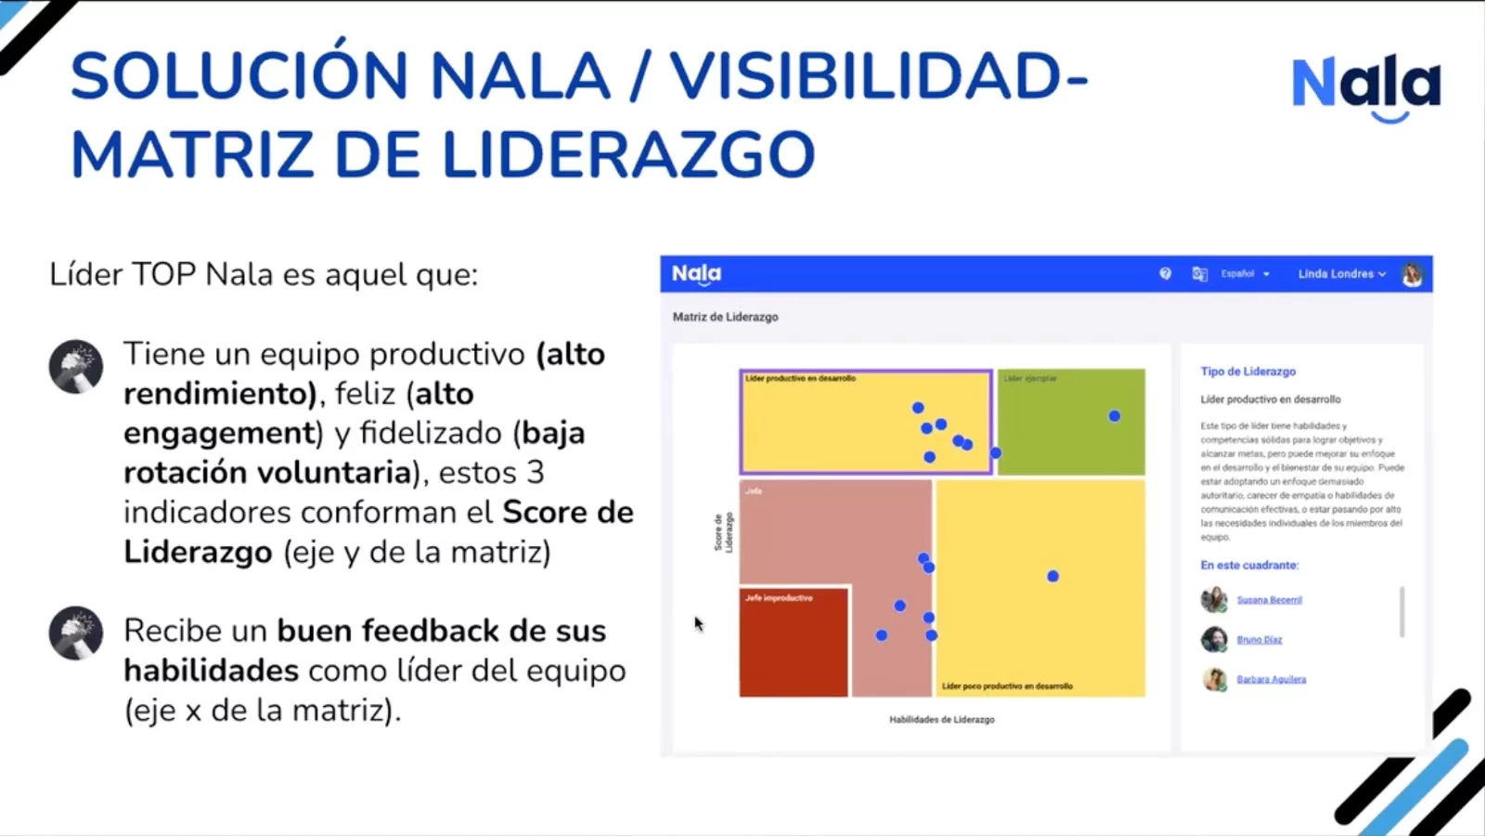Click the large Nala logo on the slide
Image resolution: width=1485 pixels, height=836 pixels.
coord(1365,85)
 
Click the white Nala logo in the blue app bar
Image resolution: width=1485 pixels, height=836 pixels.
coord(696,274)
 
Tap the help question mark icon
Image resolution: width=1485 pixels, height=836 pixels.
coord(1165,274)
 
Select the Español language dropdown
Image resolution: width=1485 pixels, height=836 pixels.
coord(1244,274)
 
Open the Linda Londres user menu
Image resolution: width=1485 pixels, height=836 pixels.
coord(1341,274)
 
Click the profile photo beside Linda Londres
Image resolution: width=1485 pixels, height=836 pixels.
coord(1412,274)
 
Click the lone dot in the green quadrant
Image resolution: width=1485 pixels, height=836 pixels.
coord(1114,416)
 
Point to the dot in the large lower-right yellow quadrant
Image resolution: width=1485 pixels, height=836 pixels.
coord(1052,576)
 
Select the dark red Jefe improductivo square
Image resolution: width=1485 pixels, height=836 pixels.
coord(794,643)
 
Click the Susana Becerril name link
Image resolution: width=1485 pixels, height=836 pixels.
coord(1269,600)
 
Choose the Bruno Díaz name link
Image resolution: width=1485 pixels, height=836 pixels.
coord(1259,640)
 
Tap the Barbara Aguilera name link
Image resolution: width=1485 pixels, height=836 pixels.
coord(1271,680)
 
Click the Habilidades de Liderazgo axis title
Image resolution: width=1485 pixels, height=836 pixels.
coord(941,720)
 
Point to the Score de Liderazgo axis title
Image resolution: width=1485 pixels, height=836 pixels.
coord(723,532)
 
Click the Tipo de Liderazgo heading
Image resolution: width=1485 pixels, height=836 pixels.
coord(1247,372)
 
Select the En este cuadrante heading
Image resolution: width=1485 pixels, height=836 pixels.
coord(1249,565)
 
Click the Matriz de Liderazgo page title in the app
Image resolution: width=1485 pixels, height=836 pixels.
coord(725,317)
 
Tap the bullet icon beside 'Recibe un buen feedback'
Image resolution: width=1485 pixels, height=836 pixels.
coord(76,633)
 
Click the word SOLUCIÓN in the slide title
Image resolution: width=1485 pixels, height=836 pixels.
coord(239,76)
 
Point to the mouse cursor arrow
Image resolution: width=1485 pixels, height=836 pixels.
coord(698,623)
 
